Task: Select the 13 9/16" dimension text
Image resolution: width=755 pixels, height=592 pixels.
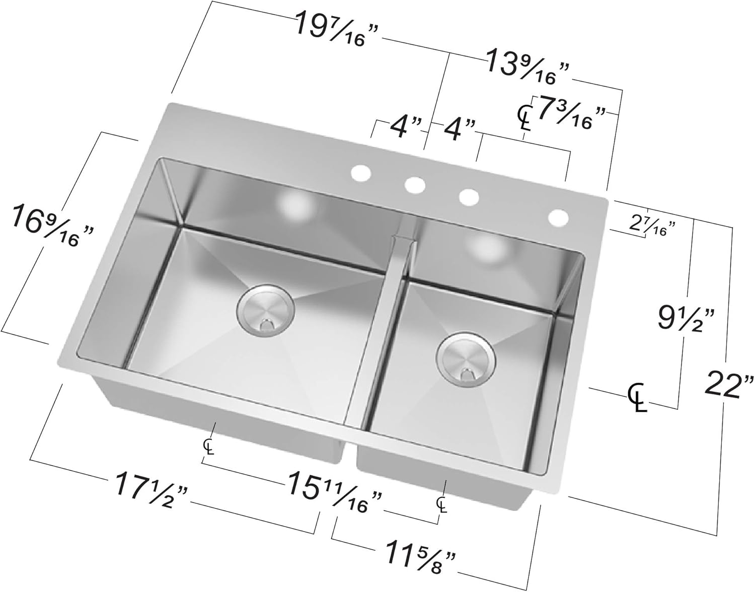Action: pos(527,69)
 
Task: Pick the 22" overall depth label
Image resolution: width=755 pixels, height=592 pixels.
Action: pos(729,384)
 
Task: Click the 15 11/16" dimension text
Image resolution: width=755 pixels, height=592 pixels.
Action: pos(333,491)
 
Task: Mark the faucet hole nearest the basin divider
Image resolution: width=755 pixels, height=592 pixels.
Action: pos(414,185)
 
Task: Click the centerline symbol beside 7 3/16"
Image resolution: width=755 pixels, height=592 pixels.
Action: pos(524,116)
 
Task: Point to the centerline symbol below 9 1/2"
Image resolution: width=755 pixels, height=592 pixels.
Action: pos(637,396)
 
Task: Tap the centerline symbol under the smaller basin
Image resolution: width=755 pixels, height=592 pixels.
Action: pos(441,504)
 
